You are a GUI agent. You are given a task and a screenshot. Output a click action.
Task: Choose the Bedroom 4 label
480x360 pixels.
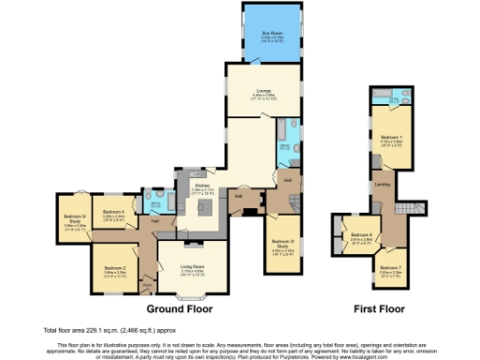coord(114,212)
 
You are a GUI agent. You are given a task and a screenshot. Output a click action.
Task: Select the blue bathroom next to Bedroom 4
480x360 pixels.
coord(161,201)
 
